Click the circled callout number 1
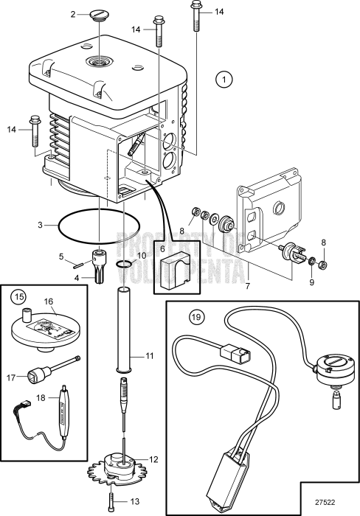tap(224, 78)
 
